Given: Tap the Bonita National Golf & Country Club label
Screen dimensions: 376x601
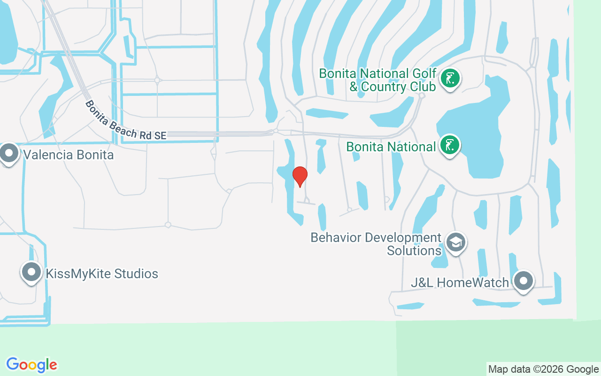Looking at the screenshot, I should point(378,80).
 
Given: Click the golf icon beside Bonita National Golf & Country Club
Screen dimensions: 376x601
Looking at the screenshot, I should point(450,79).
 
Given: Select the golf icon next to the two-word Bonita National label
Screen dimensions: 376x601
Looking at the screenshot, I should point(450,145).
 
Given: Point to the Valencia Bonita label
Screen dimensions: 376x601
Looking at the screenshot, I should point(69,155).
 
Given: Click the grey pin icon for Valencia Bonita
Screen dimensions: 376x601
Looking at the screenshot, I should point(9,153).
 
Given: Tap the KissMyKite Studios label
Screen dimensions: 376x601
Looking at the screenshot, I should point(101,274).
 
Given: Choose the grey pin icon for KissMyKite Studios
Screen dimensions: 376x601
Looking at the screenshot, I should point(31,272).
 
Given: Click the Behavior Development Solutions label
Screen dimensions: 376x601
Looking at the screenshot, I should point(376,244).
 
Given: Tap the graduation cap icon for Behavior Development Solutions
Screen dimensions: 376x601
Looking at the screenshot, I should point(455,243).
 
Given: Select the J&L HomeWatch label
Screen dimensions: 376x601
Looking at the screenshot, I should point(459,283).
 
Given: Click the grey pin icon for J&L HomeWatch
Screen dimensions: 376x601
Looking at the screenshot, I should point(523,281).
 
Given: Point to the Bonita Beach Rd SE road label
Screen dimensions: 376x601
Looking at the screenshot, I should point(125,120).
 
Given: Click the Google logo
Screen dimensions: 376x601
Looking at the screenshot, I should point(31,365).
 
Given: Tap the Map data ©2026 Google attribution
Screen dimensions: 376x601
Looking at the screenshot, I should point(543,369).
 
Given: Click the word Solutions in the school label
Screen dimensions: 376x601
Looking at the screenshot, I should point(414,251).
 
